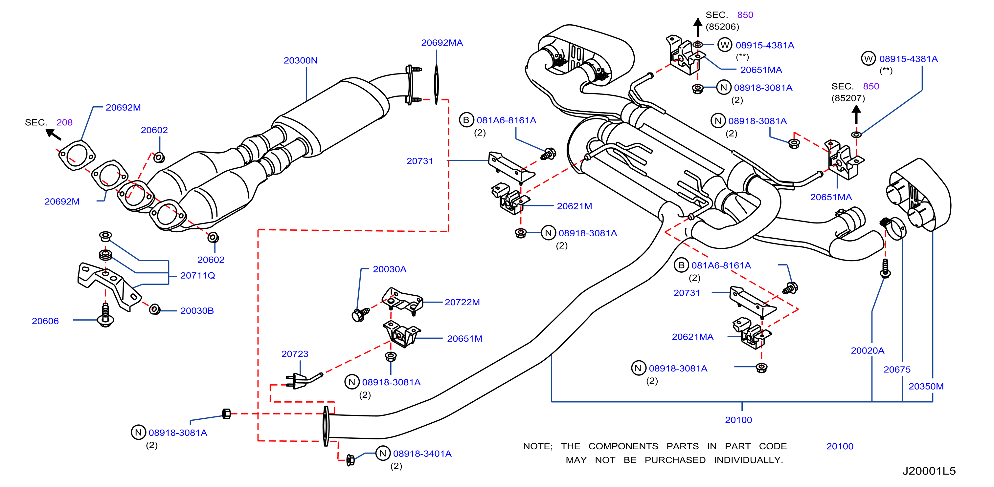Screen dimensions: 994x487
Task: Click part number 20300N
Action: [x=301, y=60]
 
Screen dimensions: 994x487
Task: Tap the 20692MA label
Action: [x=442, y=43]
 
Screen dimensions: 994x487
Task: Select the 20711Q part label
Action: [x=197, y=275]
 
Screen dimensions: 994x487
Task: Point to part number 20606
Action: [x=45, y=321]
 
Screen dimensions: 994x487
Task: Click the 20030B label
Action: [x=197, y=310]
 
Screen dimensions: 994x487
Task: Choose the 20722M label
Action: [x=462, y=302]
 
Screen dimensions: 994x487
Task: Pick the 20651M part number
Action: [x=464, y=339]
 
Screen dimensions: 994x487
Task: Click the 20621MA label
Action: [x=693, y=337]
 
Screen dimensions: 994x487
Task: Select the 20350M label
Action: [x=926, y=386]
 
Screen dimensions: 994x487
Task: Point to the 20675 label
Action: [x=897, y=370]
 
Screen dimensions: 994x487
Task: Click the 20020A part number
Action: [x=868, y=350]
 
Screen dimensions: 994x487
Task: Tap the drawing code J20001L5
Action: [x=929, y=471]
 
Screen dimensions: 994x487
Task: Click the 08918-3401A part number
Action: [x=422, y=454]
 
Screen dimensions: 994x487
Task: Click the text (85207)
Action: [x=848, y=98]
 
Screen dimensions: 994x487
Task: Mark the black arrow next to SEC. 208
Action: [x=53, y=134]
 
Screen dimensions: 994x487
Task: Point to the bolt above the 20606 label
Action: [x=105, y=315]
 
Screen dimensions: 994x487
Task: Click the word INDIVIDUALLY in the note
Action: [x=748, y=460]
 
